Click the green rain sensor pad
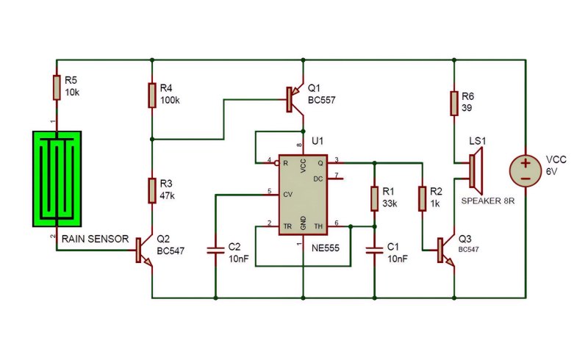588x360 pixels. (x=57, y=179)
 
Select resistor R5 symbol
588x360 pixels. (x=57, y=87)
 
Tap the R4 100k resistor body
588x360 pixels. (x=152, y=96)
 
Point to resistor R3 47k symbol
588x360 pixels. (x=152, y=191)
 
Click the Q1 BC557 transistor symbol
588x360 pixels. (x=295, y=99)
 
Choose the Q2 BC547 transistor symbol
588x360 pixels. (x=144, y=251)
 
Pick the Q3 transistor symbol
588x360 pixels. (x=446, y=251)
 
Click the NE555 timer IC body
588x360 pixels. (x=303, y=195)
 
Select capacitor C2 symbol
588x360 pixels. (x=215, y=251)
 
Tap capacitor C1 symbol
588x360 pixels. (x=374, y=251)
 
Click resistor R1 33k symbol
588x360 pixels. (x=374, y=199)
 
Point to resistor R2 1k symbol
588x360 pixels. (x=422, y=199)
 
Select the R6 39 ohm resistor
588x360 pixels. (x=454, y=103)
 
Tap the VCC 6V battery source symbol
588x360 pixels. (x=526, y=170)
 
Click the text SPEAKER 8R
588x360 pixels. (x=488, y=201)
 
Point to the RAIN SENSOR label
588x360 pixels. (x=96, y=239)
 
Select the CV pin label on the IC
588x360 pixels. (x=287, y=195)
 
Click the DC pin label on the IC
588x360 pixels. (x=318, y=179)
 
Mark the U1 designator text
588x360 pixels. (x=318, y=141)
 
